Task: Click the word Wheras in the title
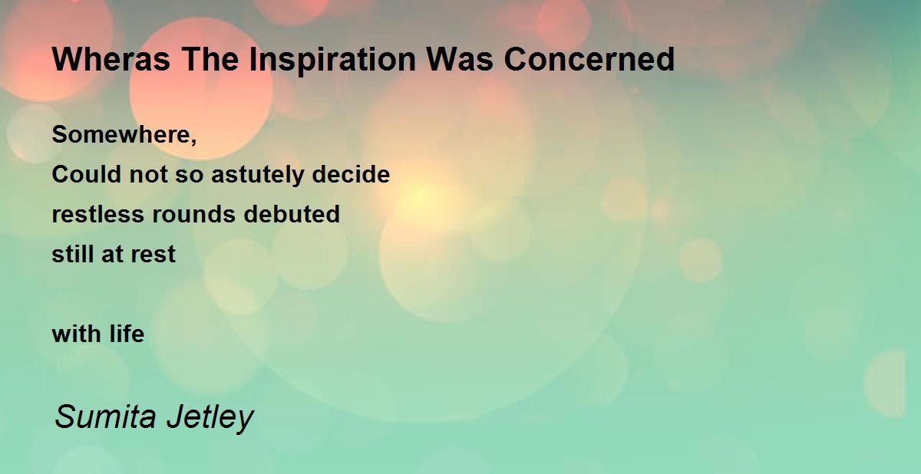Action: (x=111, y=60)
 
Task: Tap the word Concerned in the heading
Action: (x=589, y=60)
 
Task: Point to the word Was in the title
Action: (x=459, y=60)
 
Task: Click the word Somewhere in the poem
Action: (x=121, y=134)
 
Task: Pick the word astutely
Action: (x=258, y=174)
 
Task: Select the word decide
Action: (x=351, y=174)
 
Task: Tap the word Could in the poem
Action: (x=87, y=174)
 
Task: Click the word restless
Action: (x=98, y=214)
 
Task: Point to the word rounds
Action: (x=193, y=214)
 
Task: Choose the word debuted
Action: (x=292, y=214)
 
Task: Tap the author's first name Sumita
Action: (x=105, y=417)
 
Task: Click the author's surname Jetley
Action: (x=210, y=418)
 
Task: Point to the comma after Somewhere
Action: (x=193, y=142)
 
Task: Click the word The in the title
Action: (x=210, y=60)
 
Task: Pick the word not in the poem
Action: (x=148, y=175)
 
